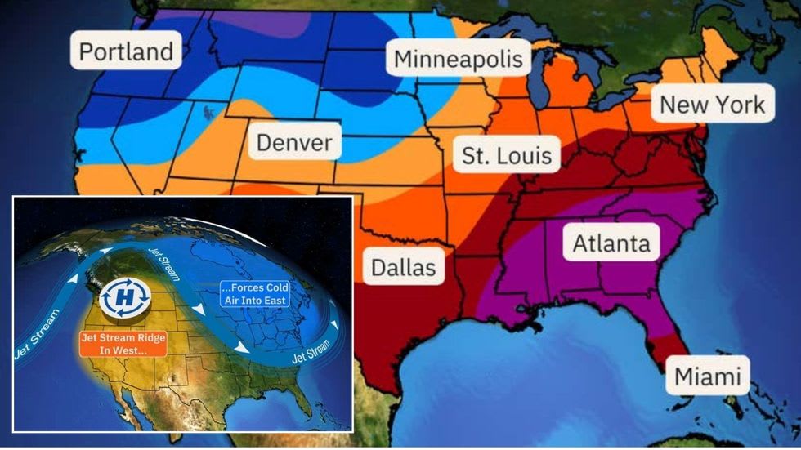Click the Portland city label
(126, 51)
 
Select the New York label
(712, 105)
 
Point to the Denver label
(294, 144)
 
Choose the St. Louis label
(507, 155)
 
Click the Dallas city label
(403, 267)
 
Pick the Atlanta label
(611, 243)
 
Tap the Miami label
(707, 376)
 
